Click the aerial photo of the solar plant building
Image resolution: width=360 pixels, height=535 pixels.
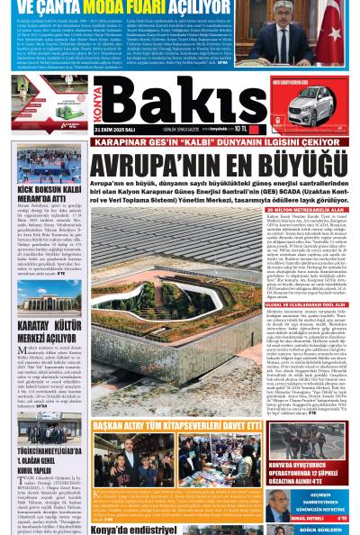tap(180, 297)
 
